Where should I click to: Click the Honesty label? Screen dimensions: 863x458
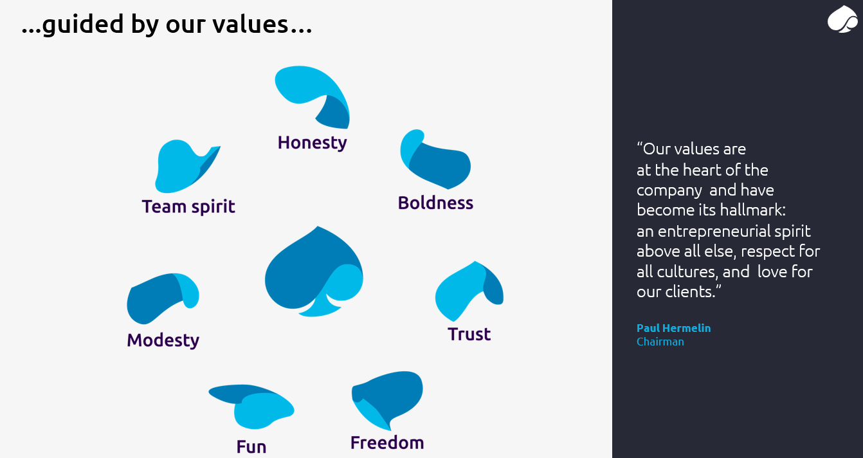point(312,143)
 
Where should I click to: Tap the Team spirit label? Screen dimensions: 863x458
point(188,206)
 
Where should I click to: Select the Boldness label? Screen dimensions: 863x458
point(435,203)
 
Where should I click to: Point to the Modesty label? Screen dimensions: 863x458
point(163,340)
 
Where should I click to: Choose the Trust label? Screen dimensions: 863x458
point(469,334)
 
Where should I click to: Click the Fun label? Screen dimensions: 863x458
point(251,447)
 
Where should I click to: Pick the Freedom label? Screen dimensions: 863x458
point(387,443)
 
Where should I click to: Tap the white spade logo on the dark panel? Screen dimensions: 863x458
point(842,19)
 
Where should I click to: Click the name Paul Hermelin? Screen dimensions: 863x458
point(673,328)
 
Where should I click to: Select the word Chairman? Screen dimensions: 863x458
point(660,342)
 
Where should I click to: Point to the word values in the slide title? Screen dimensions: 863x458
point(250,24)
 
